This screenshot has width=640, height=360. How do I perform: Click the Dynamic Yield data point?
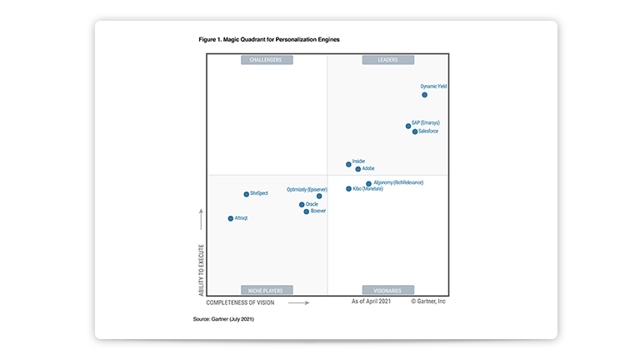coord(424,95)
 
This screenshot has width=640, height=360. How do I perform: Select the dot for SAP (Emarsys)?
coord(408,127)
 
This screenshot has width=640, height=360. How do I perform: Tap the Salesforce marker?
coord(415,132)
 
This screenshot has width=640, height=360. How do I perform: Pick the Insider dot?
coord(348,164)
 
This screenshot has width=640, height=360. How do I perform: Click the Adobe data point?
coord(358,169)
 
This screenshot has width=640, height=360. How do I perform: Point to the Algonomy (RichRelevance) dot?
coord(368,184)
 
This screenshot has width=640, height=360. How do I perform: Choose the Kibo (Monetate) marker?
coord(349,189)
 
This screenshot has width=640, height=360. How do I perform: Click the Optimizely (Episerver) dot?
coord(319,197)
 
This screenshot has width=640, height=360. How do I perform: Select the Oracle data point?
coord(302,204)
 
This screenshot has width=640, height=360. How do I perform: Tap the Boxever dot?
coord(306,212)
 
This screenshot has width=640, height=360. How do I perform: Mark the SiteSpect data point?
coord(246,194)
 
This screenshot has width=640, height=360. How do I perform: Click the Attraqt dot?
coord(231,218)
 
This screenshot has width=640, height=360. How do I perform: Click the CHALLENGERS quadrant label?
coord(267,60)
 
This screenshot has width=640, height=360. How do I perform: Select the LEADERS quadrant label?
coord(387,60)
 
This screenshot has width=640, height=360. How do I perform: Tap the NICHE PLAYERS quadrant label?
coord(267,291)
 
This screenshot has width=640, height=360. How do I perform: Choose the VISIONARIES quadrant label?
coord(387,291)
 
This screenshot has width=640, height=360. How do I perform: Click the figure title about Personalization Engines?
coord(269,39)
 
